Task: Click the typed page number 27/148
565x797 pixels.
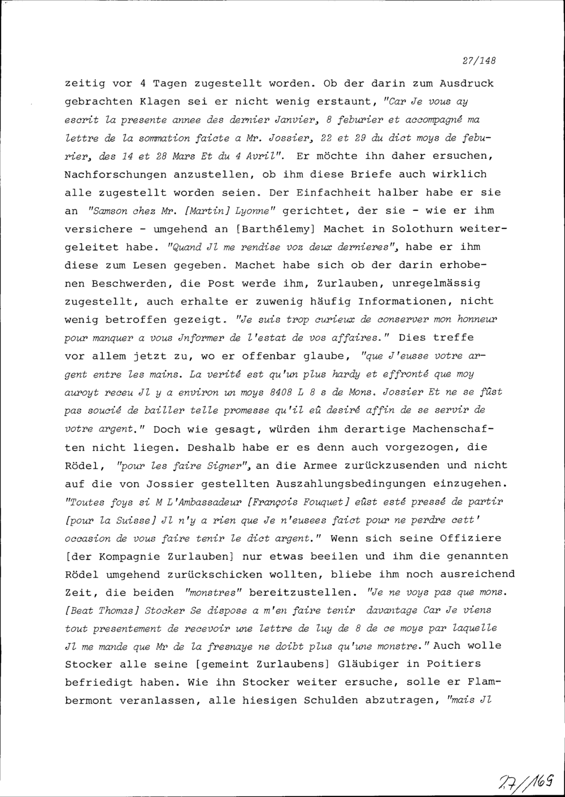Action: coord(479,60)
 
